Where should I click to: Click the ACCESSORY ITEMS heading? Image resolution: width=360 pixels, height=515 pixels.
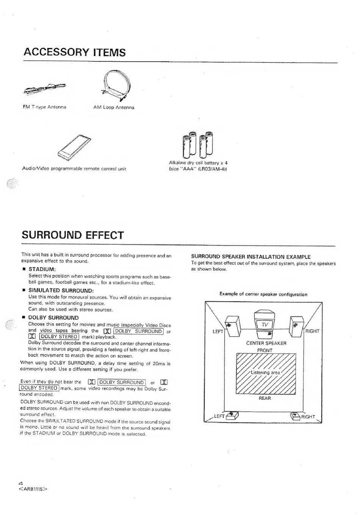pyautogui.click(x=74, y=52)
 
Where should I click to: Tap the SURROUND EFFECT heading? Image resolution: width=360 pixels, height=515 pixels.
pyautogui.click(x=73, y=235)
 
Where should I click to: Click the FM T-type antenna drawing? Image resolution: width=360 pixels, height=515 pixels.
pyautogui.click(x=45, y=89)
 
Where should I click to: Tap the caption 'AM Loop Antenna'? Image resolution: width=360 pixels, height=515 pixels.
pyautogui.click(x=114, y=107)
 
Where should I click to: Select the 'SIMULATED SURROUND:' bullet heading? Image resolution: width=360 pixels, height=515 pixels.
pyautogui.click(x=61, y=291)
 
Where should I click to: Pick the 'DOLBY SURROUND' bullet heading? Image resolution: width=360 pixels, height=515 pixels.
pyautogui.click(x=53, y=318)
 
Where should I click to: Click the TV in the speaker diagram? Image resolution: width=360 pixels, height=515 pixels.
pyautogui.click(x=264, y=324)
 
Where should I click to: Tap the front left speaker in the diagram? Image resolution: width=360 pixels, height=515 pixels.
pyautogui.click(x=233, y=326)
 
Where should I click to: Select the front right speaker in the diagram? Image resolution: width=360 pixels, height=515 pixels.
pyautogui.click(x=296, y=326)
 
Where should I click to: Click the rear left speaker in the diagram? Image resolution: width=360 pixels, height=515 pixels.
pyautogui.click(x=232, y=416)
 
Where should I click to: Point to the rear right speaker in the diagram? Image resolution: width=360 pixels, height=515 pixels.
pyautogui.click(x=295, y=416)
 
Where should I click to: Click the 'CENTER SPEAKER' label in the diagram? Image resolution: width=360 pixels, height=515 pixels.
pyautogui.click(x=266, y=343)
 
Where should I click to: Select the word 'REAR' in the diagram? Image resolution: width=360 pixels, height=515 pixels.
pyautogui.click(x=265, y=398)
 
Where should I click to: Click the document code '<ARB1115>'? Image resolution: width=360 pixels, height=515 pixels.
pyautogui.click(x=33, y=489)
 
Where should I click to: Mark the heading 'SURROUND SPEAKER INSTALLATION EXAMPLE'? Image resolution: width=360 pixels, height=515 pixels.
pyautogui.click(x=250, y=257)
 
